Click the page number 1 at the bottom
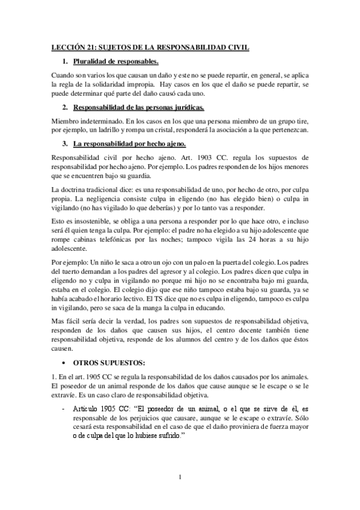180,478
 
